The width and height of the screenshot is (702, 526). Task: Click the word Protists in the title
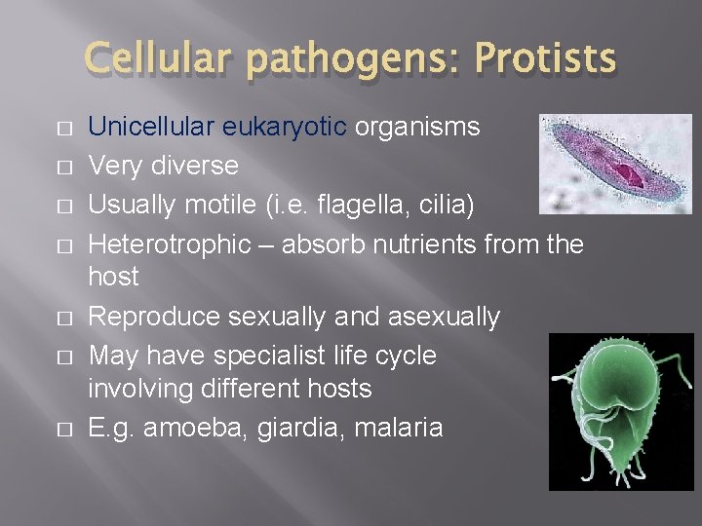[545, 60]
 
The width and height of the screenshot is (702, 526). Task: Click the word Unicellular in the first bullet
[151, 128]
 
